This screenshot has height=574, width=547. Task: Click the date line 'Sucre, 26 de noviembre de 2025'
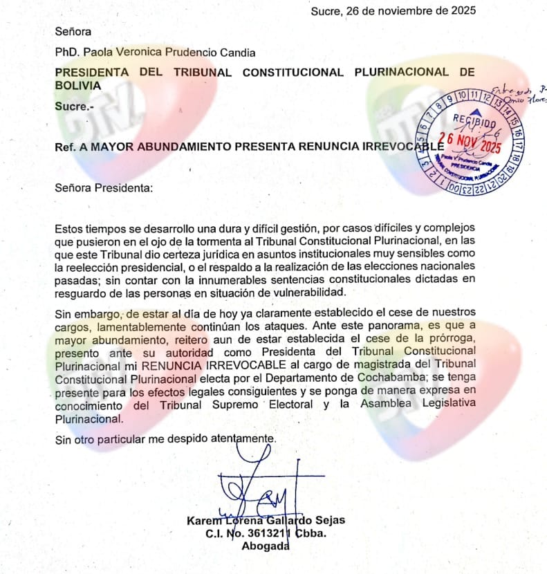[x=393, y=10]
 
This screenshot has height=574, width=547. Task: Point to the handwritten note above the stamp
[x=519, y=94]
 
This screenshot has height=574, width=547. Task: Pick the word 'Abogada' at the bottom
[x=266, y=547]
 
